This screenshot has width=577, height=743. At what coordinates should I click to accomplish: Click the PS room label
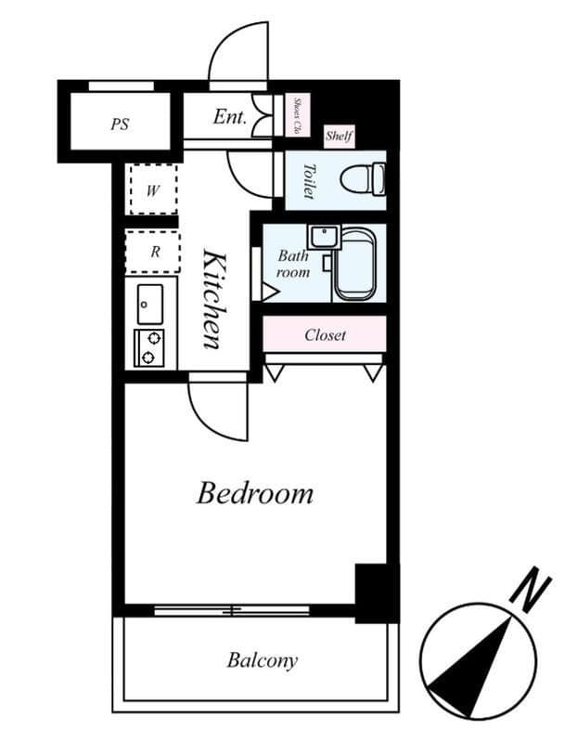coord(120,124)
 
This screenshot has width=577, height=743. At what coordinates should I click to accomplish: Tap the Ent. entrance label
coord(230,117)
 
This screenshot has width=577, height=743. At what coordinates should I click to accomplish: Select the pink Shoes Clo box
coord(297,115)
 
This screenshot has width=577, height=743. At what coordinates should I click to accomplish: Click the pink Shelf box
coord(339,137)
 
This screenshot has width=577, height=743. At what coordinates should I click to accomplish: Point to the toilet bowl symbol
coord(363,179)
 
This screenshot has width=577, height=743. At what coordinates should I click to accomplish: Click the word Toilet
coord(309,181)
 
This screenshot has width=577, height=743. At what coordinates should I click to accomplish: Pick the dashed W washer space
coord(153,189)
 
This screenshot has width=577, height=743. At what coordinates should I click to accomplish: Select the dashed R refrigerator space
coord(153,252)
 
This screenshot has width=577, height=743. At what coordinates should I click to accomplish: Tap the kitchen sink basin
coord(150,304)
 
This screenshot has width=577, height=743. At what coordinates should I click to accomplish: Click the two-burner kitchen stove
coord(149,347)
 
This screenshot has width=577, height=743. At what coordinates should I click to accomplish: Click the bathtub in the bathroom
coord(355,265)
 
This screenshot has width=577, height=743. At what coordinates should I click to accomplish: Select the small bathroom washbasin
coord(324,237)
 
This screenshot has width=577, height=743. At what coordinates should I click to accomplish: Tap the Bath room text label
coord(293,264)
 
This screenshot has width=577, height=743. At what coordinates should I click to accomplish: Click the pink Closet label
coord(325,335)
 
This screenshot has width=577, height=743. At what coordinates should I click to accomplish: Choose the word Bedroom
coord(255,493)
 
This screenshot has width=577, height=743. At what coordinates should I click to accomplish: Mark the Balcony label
coord(263,660)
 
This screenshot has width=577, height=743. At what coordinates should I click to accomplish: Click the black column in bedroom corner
coord(377,593)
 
